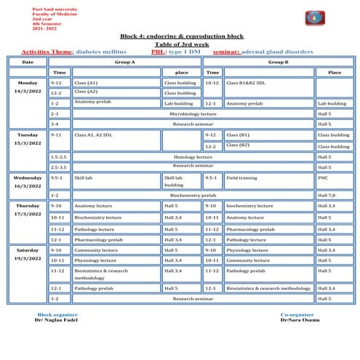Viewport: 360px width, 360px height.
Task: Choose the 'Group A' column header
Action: [x=126, y=62]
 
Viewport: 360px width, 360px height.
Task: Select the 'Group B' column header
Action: [x=279, y=62]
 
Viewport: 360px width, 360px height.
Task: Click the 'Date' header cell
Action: [x=28, y=62]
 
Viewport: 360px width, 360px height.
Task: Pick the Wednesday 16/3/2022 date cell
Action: [x=28, y=182]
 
